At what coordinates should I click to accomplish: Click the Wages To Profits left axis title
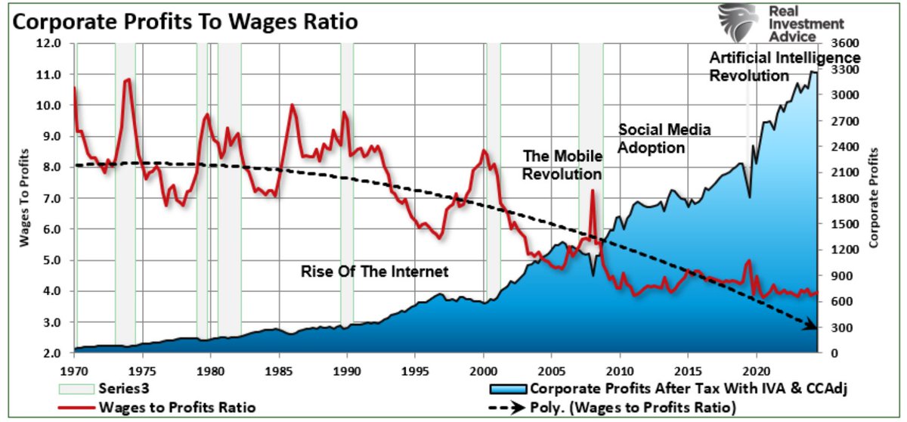coord(24,198)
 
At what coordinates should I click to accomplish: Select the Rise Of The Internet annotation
coord(375,272)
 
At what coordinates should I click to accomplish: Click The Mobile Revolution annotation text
coord(563,165)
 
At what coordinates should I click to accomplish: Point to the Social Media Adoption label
coord(664,138)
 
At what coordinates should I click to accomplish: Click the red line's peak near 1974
coord(128,79)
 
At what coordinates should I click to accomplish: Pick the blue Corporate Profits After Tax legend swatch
coord(508,389)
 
